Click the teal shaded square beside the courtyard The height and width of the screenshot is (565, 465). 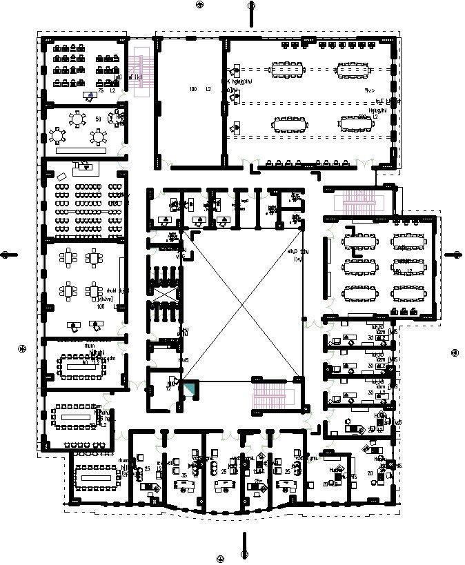tap(189, 388)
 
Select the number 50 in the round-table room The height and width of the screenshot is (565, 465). tap(98, 119)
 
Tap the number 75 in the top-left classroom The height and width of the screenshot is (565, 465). tap(101, 90)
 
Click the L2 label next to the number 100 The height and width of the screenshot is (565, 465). tap(208, 90)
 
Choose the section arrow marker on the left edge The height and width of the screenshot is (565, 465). tap(6, 254)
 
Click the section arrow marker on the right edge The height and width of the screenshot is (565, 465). tap(456, 254)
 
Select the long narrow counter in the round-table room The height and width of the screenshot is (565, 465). tap(81, 149)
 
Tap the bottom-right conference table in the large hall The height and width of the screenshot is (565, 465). tap(356, 123)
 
